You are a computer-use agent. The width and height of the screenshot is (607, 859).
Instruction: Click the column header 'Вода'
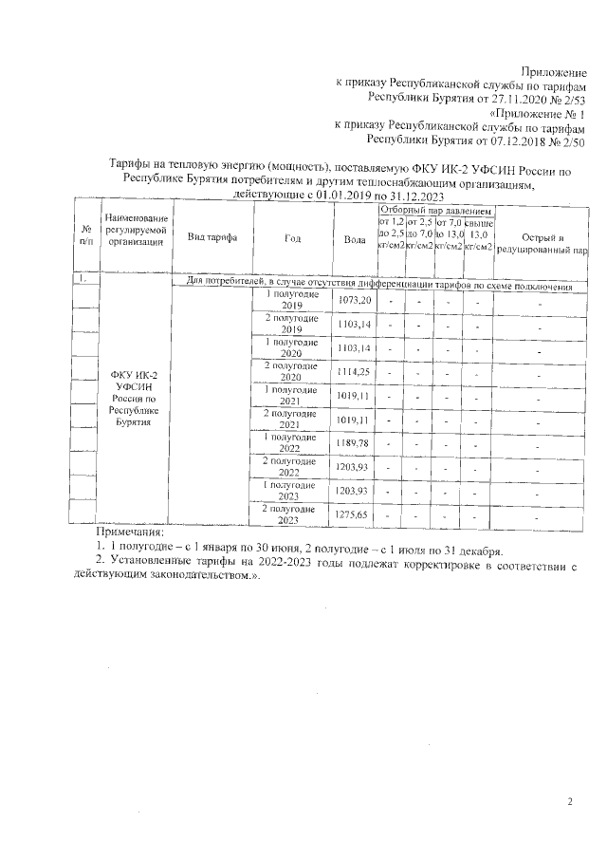[x=355, y=241]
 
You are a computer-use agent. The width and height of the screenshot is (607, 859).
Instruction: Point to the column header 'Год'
[x=292, y=239]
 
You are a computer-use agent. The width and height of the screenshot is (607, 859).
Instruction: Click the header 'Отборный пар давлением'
[x=434, y=210]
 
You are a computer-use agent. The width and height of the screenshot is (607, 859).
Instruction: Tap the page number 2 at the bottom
[x=571, y=803]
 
